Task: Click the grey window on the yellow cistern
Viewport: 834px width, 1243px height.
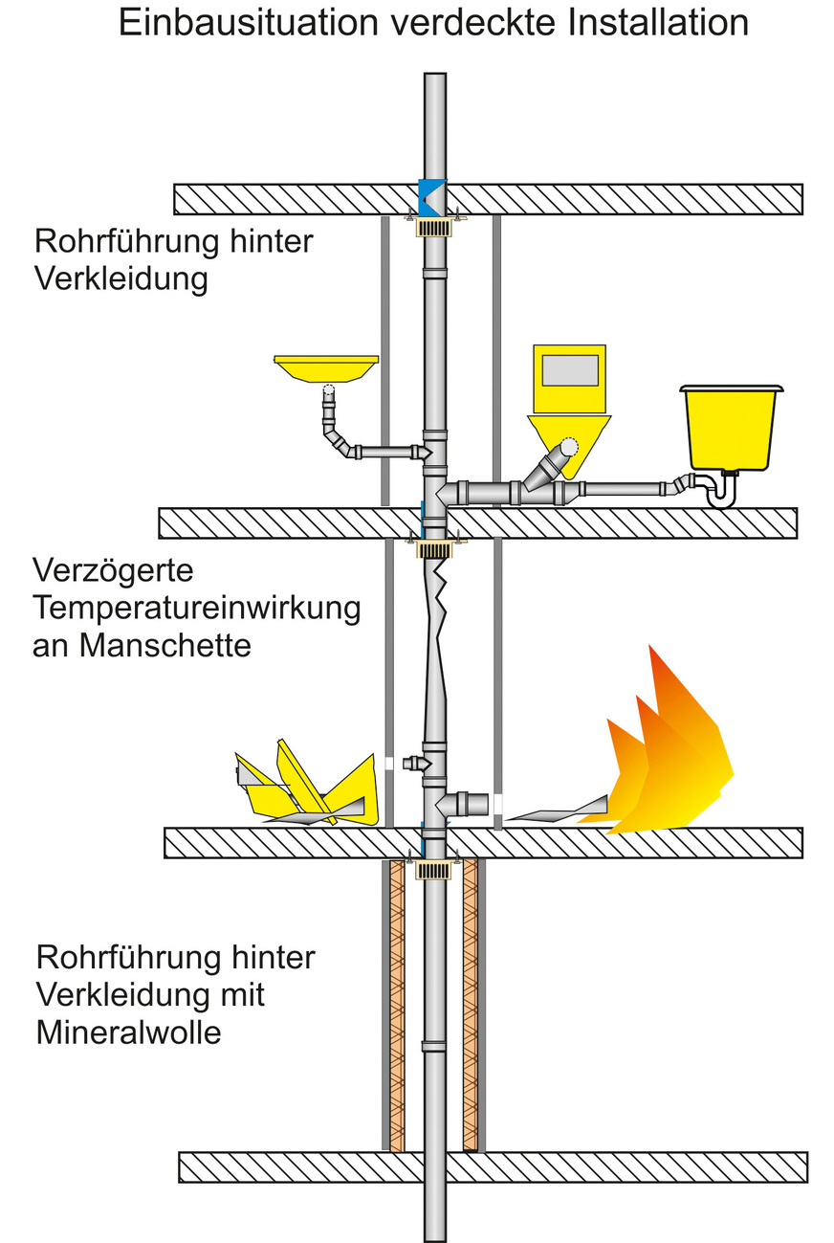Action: pos(570,369)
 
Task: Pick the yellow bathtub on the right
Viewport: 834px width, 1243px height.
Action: pos(731,428)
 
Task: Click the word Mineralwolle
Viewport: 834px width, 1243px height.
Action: pos(129,1032)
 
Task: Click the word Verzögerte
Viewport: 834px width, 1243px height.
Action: pos(113,571)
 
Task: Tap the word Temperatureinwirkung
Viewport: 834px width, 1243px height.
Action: pos(196,608)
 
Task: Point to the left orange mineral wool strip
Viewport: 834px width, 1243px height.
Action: pos(397,1005)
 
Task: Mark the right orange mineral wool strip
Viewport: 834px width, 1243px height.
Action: pos(470,1005)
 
